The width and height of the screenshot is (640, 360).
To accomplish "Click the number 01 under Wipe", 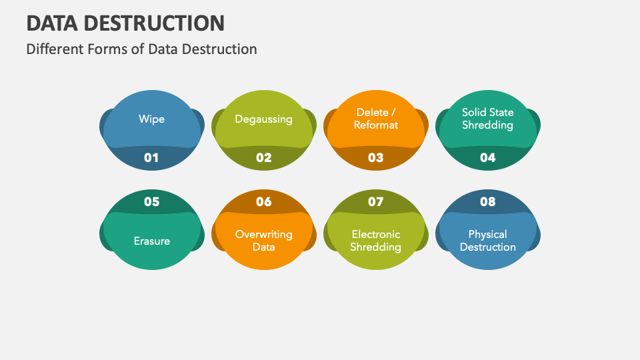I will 151,158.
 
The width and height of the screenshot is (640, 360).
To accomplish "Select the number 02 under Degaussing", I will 263,158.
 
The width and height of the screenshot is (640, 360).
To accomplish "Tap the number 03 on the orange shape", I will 375,158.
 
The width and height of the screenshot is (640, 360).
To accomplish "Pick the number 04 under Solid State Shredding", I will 487,158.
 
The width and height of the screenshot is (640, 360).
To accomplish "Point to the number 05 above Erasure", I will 151,201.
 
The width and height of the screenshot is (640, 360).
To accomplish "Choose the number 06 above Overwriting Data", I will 263,201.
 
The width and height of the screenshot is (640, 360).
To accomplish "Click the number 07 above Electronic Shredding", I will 375,201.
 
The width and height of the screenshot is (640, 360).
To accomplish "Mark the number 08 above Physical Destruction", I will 487,201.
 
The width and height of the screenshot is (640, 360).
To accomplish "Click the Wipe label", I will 151,119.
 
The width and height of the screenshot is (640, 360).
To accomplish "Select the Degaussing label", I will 263,119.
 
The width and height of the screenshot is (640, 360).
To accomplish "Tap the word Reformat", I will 376,125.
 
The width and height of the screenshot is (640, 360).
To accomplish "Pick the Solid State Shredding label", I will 487,119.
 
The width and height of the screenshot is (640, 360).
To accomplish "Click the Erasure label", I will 151,241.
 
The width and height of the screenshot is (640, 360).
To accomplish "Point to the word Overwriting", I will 263,235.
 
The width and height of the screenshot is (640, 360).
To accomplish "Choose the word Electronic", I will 376,235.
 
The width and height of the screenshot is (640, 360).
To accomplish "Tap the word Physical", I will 487,235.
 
